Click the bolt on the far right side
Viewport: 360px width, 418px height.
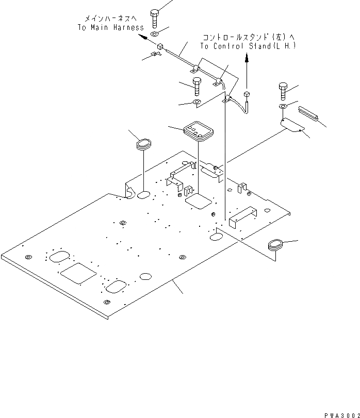[x=283, y=91]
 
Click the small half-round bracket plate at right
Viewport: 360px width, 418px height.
[x=291, y=125]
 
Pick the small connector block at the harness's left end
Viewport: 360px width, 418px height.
[x=159, y=46]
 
